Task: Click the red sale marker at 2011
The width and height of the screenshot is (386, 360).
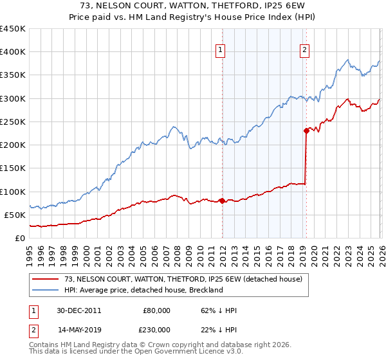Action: [x=222, y=201]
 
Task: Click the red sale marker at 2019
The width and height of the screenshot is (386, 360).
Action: [x=306, y=130]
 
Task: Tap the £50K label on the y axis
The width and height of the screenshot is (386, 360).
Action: [x=15, y=215]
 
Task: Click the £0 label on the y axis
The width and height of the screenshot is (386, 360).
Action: [x=19, y=238]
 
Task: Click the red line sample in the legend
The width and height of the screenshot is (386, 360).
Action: [x=46, y=279]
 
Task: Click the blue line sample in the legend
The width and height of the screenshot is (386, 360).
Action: [x=46, y=290]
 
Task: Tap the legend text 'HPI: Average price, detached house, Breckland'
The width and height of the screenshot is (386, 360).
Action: [x=143, y=290]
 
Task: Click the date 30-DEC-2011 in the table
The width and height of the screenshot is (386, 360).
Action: [x=78, y=310]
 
